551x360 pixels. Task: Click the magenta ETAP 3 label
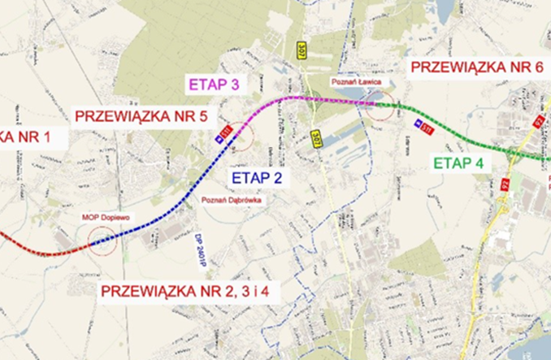(215, 83)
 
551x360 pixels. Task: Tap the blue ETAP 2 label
(257, 178)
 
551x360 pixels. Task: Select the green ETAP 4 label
(458, 163)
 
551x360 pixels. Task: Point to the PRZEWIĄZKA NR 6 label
(475, 67)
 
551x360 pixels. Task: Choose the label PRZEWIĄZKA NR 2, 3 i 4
(189, 293)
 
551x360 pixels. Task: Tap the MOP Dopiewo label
(105, 217)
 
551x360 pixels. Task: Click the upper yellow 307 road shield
(302, 50)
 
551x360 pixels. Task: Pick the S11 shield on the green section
(423, 125)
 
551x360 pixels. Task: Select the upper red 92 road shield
(538, 121)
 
